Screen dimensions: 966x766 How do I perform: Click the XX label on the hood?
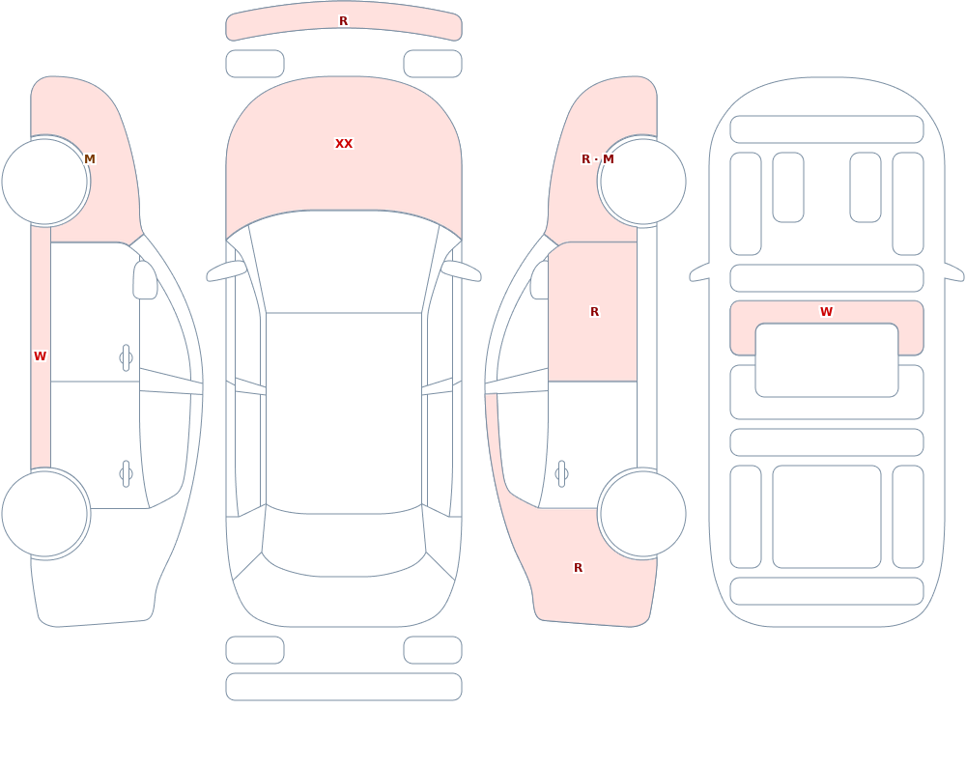pyautogui.click(x=344, y=144)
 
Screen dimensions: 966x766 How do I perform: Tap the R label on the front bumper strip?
pyautogui.click(x=344, y=21)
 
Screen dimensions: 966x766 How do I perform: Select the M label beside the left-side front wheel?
pyautogui.click(x=90, y=159)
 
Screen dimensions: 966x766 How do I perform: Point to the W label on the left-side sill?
pyautogui.click(x=40, y=356)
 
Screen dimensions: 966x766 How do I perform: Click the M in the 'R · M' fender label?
pyautogui.click(x=608, y=159)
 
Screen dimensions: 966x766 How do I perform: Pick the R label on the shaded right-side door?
pyautogui.click(x=594, y=312)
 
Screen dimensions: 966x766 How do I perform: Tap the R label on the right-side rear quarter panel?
pyautogui.click(x=578, y=568)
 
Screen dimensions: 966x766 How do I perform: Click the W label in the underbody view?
pyautogui.click(x=827, y=312)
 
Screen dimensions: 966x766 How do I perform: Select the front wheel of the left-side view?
pyautogui.click(x=45, y=182)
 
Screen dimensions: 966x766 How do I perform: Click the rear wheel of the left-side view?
pyautogui.click(x=45, y=513)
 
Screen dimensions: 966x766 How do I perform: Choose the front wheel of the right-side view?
pyautogui.click(x=642, y=182)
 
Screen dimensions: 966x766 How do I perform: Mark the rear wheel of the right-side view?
pyautogui.click(x=642, y=513)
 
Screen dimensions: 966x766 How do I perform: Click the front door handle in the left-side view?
pyautogui.click(x=126, y=358)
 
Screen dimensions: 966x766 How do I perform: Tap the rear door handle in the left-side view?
pyautogui.click(x=126, y=474)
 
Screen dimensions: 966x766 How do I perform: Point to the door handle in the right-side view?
pyautogui.click(x=561, y=474)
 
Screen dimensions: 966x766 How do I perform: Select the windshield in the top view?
pyautogui.click(x=344, y=262)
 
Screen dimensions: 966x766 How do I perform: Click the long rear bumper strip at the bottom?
pyautogui.click(x=344, y=687)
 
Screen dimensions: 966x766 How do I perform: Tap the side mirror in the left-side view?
pyautogui.click(x=146, y=280)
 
